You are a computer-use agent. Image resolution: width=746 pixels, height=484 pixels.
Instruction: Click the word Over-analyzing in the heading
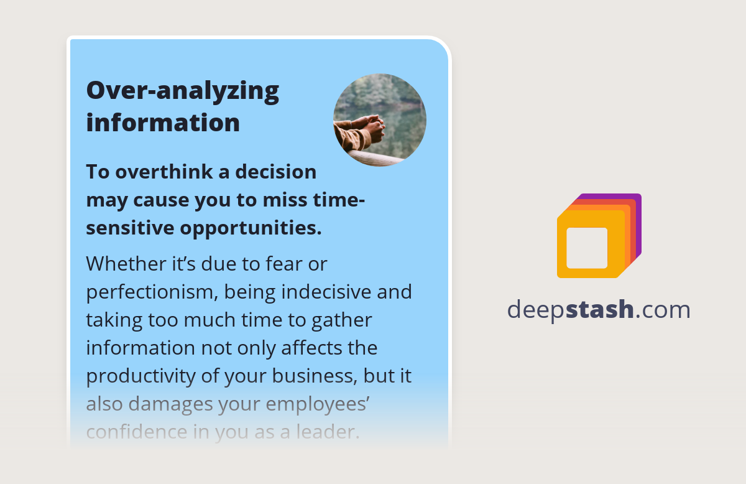[x=182, y=91]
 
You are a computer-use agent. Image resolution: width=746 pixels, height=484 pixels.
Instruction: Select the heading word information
[x=163, y=122]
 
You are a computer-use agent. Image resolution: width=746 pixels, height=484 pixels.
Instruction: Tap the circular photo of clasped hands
[x=379, y=120]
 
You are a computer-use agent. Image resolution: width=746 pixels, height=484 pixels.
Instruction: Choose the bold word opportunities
[x=251, y=228]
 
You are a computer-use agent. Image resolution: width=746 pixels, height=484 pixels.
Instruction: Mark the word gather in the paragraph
[x=343, y=320]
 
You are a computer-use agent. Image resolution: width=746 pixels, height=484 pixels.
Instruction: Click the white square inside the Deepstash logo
[x=587, y=248]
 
